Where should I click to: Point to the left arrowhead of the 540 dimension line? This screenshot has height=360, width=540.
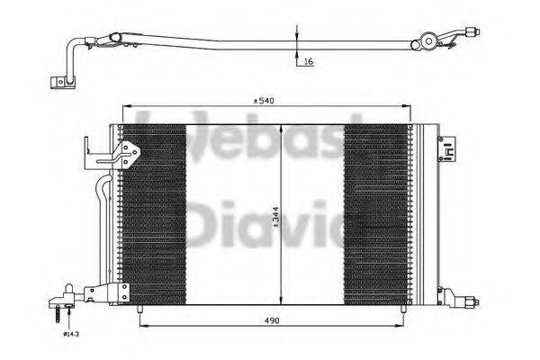tap(126, 106)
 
